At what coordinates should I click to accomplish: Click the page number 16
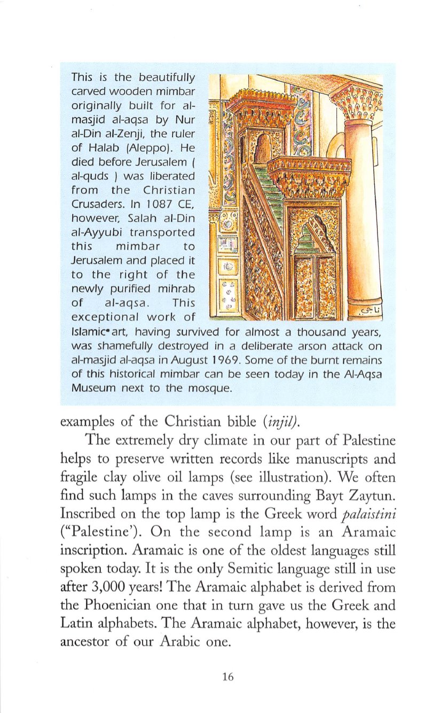pos(227,677)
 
